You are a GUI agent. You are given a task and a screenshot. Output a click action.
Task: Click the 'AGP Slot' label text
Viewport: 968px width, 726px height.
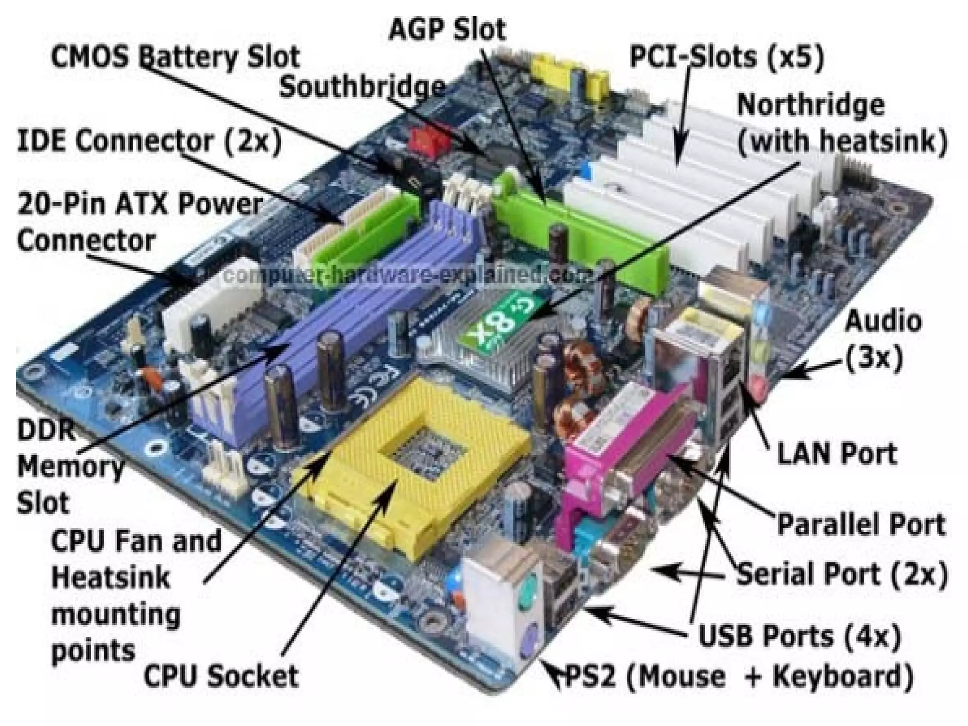pyautogui.click(x=447, y=29)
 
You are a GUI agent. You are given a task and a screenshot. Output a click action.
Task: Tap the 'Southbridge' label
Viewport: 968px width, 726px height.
pyautogui.click(x=362, y=87)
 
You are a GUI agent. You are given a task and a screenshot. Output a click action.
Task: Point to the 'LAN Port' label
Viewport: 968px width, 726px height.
pyautogui.click(x=837, y=454)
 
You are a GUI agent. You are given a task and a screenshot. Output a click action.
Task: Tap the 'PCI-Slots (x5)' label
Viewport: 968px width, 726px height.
pyautogui.click(x=727, y=57)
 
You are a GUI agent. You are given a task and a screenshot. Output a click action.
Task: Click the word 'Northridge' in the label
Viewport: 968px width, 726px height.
pyautogui.click(x=810, y=105)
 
